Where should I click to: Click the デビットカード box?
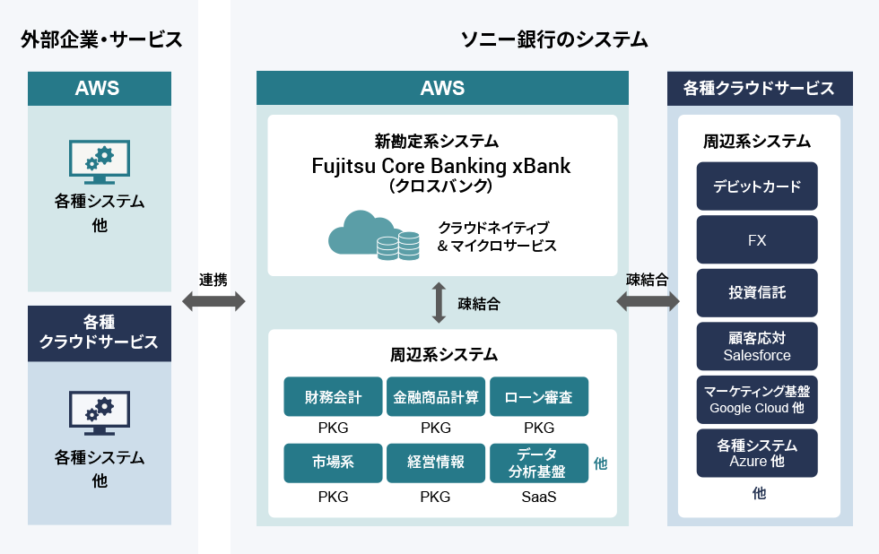pyautogui.click(x=757, y=186)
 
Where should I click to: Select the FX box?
pyautogui.click(x=757, y=239)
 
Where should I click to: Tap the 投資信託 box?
pyautogui.click(x=757, y=292)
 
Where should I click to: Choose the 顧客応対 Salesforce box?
pyautogui.click(x=757, y=346)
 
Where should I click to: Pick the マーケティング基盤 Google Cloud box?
pyautogui.click(x=757, y=400)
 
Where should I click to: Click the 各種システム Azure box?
pyautogui.click(x=757, y=454)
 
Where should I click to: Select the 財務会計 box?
pyautogui.click(x=333, y=396)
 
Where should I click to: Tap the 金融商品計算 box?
pyautogui.click(x=436, y=396)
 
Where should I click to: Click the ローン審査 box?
pyautogui.click(x=539, y=396)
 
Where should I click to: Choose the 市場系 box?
pyautogui.click(x=333, y=463)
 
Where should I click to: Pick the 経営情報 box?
pyautogui.click(x=436, y=463)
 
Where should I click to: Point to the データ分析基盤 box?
pyautogui.click(x=539, y=463)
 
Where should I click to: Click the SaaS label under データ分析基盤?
pyautogui.click(x=539, y=497)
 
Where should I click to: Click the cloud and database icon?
pyautogui.click(x=373, y=235)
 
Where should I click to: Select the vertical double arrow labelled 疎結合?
pyautogui.click(x=439, y=302)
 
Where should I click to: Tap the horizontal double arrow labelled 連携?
pyautogui.click(x=213, y=301)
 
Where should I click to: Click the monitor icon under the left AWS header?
pyautogui.click(x=100, y=162)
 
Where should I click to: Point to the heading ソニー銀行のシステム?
pyautogui.click(x=554, y=39)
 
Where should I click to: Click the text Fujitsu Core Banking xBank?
pyautogui.click(x=440, y=166)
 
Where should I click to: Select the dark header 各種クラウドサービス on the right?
pyautogui.click(x=760, y=89)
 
